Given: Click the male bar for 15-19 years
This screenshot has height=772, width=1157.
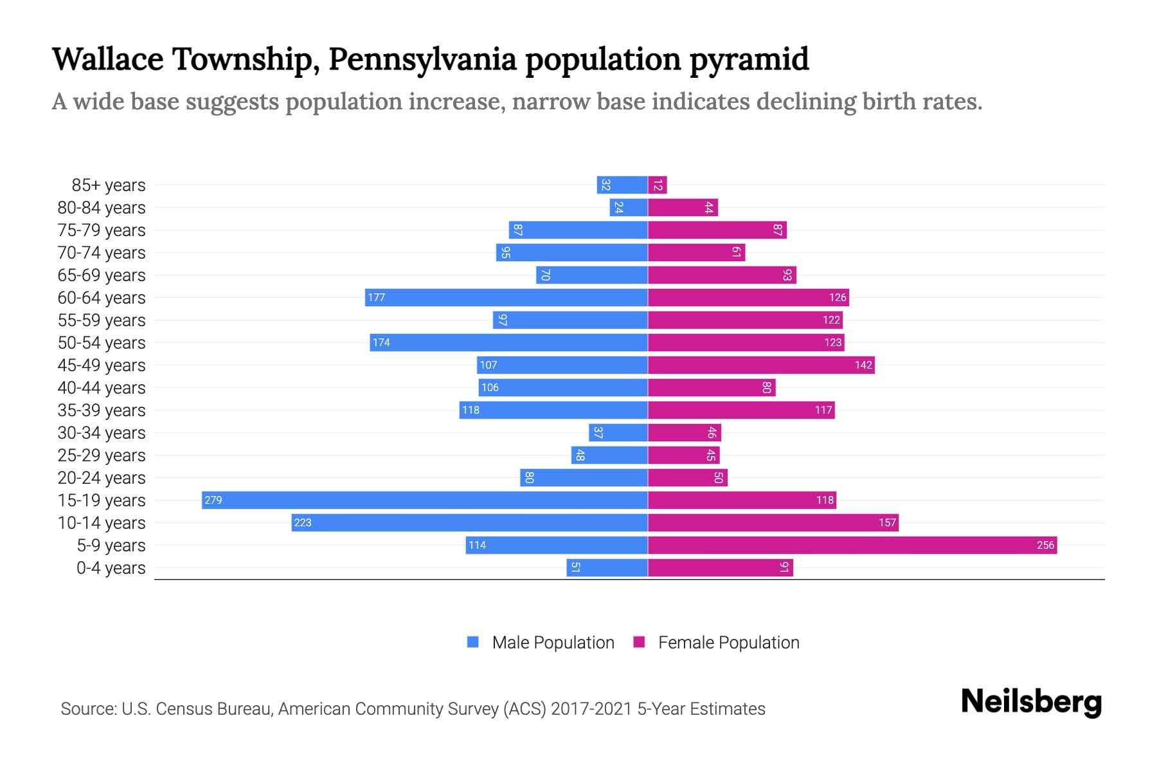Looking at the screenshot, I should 424,500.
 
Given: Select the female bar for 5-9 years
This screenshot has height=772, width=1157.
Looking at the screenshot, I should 852,545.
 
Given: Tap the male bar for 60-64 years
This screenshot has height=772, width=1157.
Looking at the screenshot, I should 507,297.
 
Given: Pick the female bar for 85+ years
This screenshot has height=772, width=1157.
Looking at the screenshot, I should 658,185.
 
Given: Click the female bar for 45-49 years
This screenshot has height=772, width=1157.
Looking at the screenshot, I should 761,365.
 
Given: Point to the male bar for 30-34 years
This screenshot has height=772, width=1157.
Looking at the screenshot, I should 618,432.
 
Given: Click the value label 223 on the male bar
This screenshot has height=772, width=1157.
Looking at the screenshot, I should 303,522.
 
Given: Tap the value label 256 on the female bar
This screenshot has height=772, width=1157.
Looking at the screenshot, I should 1045,545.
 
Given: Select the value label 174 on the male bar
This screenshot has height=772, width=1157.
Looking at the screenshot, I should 381,342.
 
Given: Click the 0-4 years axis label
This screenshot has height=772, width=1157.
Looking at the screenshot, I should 111,568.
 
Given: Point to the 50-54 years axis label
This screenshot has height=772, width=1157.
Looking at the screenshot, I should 102,343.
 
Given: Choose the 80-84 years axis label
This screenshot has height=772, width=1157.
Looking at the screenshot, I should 102,208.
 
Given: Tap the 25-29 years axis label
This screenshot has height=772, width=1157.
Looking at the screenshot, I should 102,455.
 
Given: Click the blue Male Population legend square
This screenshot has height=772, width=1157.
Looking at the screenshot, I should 473,642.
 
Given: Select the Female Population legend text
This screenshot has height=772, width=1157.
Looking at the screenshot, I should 728,642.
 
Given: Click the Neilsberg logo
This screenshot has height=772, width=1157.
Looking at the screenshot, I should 1031,702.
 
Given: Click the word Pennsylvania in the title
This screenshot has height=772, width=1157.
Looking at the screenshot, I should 422,59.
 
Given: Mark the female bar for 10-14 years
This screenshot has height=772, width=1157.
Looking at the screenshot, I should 773,522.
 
